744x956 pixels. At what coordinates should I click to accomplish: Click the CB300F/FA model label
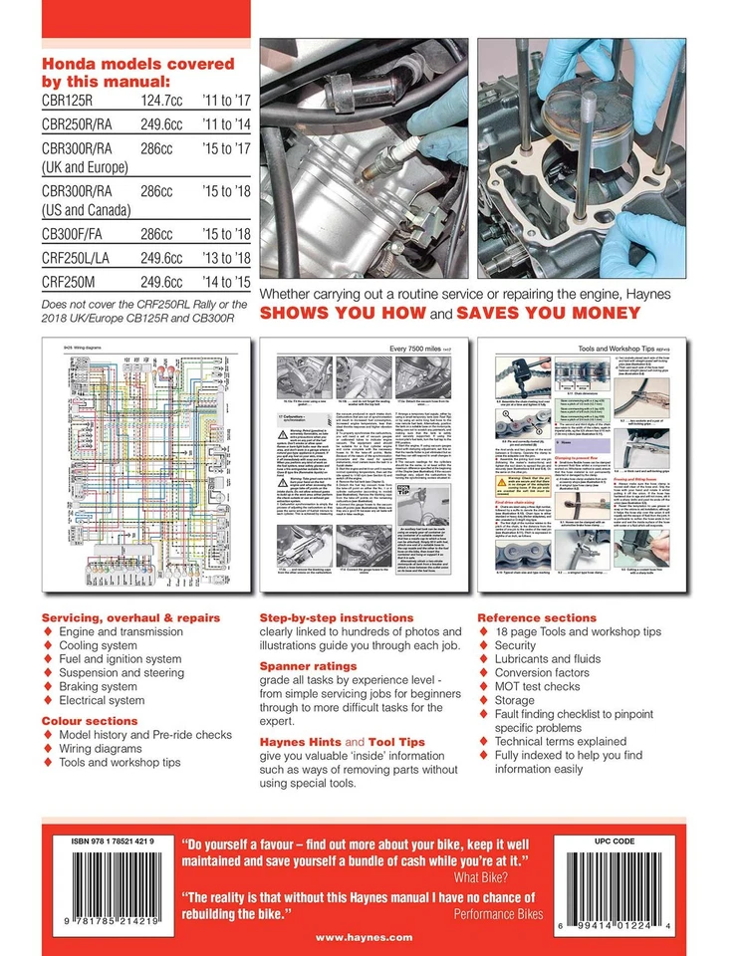click(x=77, y=234)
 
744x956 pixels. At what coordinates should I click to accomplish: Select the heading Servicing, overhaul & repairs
click(x=130, y=618)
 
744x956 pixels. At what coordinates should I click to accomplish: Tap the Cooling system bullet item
click(x=105, y=645)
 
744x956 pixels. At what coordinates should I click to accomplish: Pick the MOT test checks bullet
click(x=543, y=687)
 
